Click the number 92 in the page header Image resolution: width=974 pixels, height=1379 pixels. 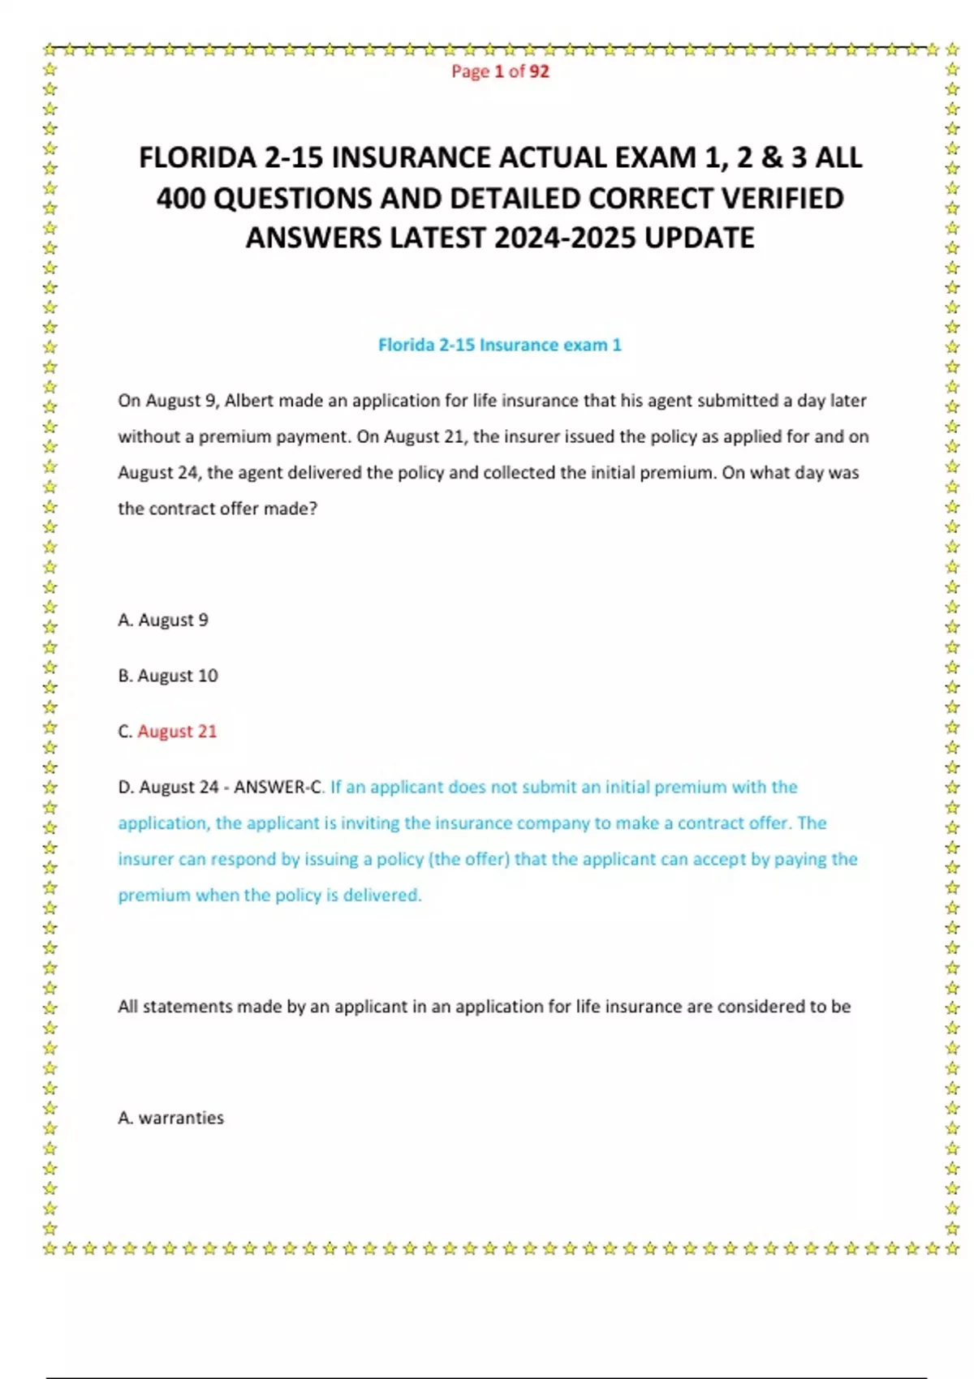coord(539,71)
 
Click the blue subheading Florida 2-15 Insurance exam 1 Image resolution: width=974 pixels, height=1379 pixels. coord(499,345)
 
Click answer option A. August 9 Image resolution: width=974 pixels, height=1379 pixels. coord(163,620)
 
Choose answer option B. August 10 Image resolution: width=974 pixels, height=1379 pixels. coord(168,676)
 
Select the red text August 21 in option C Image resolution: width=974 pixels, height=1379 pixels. coord(177,732)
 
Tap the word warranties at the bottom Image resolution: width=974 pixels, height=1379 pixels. coord(181,1118)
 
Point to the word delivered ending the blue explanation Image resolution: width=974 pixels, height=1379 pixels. coord(381,896)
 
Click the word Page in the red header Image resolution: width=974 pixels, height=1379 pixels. coord(470,71)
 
